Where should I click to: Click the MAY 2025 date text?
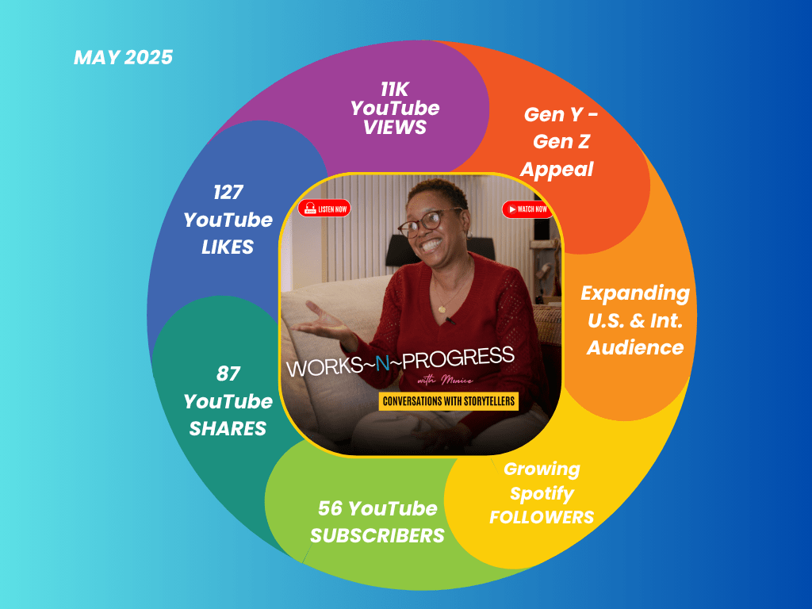pyautogui.click(x=123, y=57)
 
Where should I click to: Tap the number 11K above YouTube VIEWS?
pyautogui.click(x=395, y=90)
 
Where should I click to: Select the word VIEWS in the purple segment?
pyautogui.click(x=395, y=128)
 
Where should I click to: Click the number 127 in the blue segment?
pyautogui.click(x=228, y=192)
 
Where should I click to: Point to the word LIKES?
pyautogui.click(x=228, y=247)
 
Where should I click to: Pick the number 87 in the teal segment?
pyautogui.click(x=228, y=374)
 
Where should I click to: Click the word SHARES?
pyautogui.click(x=228, y=428)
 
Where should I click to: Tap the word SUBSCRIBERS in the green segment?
pyautogui.click(x=377, y=535)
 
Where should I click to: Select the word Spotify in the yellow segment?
pyautogui.click(x=542, y=493)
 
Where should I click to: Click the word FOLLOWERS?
pyautogui.click(x=542, y=517)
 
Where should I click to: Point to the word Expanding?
pyautogui.click(x=635, y=293)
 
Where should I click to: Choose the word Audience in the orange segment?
pyautogui.click(x=635, y=347)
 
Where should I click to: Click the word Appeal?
pyautogui.click(x=557, y=170)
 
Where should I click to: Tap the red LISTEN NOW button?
pyautogui.click(x=324, y=209)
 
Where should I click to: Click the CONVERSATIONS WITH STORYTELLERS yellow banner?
pyautogui.click(x=449, y=401)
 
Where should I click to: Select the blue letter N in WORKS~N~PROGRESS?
pyautogui.click(x=382, y=364)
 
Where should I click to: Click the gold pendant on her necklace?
pyautogui.click(x=442, y=310)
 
